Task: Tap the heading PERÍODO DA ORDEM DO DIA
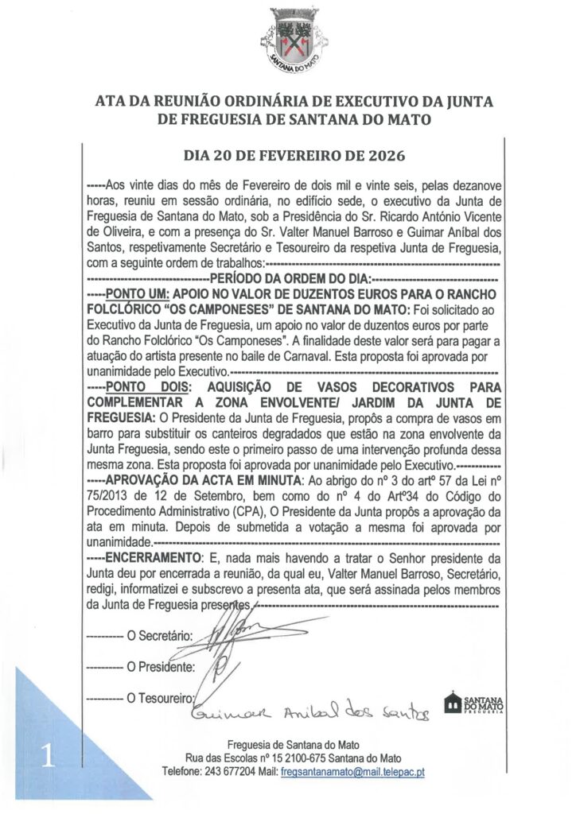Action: click(290, 278)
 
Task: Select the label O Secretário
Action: click(160, 636)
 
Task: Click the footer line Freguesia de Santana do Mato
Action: click(293, 745)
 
